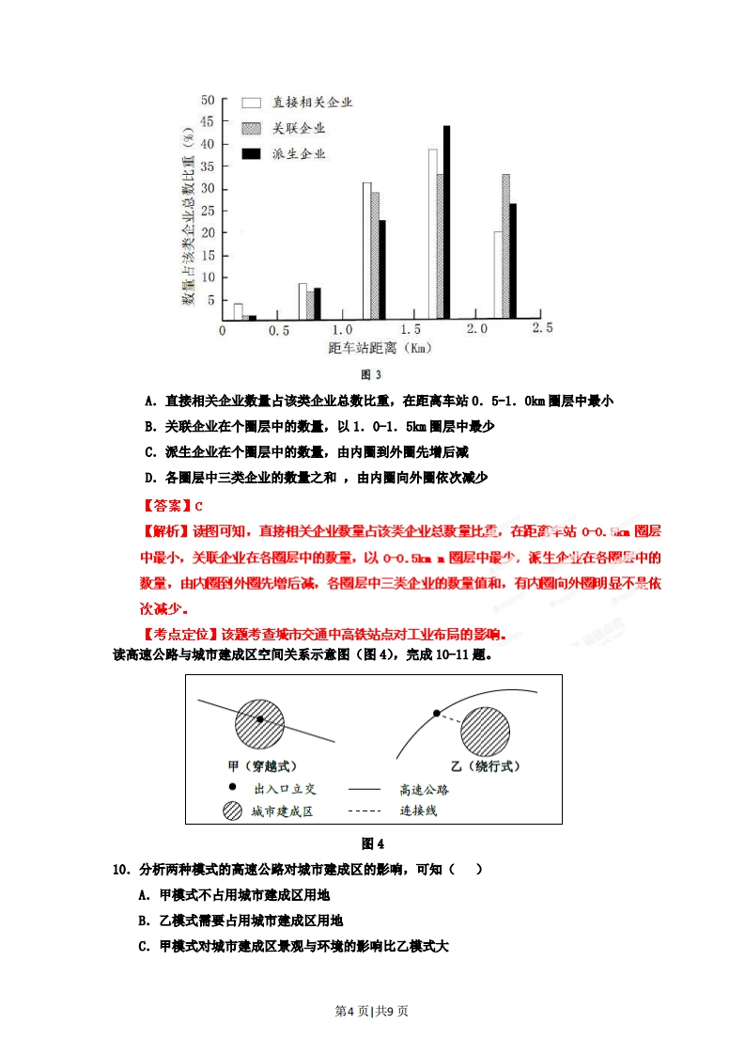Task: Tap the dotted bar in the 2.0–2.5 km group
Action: [505, 246]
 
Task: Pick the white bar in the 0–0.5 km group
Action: [238, 311]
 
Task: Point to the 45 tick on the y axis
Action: [208, 122]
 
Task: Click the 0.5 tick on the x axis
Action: [278, 330]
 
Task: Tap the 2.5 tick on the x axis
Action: [542, 328]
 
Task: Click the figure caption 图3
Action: [372, 375]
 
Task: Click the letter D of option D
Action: [149, 478]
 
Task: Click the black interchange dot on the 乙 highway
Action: [436, 714]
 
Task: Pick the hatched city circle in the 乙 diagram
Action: [484, 732]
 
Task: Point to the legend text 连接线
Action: [417, 810]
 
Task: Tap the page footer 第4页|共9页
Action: [372, 1011]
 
